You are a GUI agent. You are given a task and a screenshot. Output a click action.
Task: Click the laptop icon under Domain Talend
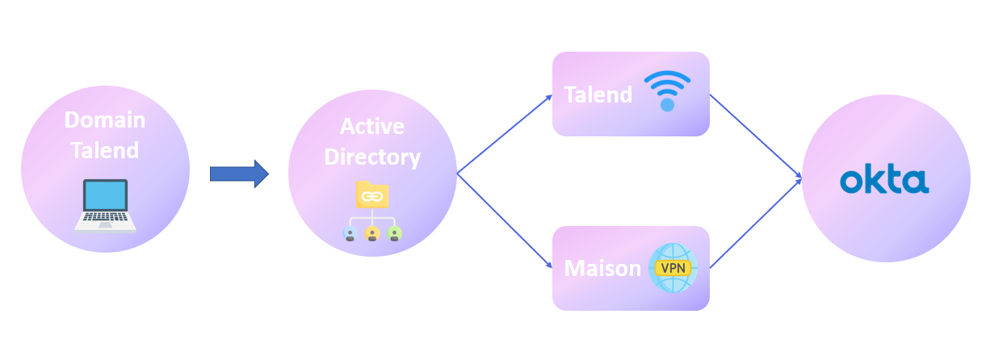pyautogui.click(x=105, y=205)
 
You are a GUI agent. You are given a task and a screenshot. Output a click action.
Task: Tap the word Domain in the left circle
pyautogui.click(x=105, y=120)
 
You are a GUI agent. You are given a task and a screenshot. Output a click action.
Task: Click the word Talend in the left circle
pyautogui.click(x=105, y=150)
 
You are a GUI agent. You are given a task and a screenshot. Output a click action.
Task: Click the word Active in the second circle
pyautogui.click(x=371, y=127)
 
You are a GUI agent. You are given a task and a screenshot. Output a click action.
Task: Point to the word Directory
pyautogui.click(x=372, y=157)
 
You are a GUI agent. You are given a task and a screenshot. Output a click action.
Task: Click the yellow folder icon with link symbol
pyautogui.click(x=372, y=195)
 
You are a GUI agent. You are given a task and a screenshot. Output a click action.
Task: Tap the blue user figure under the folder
pyautogui.click(x=350, y=233)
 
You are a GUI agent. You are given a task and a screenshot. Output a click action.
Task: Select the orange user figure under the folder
pyautogui.click(x=372, y=233)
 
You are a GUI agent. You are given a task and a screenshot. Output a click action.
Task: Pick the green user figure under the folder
pyautogui.click(x=394, y=233)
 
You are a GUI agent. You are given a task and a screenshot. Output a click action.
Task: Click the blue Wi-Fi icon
pyautogui.click(x=667, y=90)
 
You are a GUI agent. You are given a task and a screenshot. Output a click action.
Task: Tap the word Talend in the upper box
pyautogui.click(x=598, y=94)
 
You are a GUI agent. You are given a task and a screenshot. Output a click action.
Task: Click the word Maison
pyautogui.click(x=602, y=268)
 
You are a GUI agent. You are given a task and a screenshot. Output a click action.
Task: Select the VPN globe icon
pyautogui.click(x=673, y=268)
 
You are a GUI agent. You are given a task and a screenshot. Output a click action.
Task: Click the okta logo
pyautogui.click(x=884, y=181)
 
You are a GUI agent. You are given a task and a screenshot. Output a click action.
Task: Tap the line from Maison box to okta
pyautogui.click(x=755, y=222)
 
